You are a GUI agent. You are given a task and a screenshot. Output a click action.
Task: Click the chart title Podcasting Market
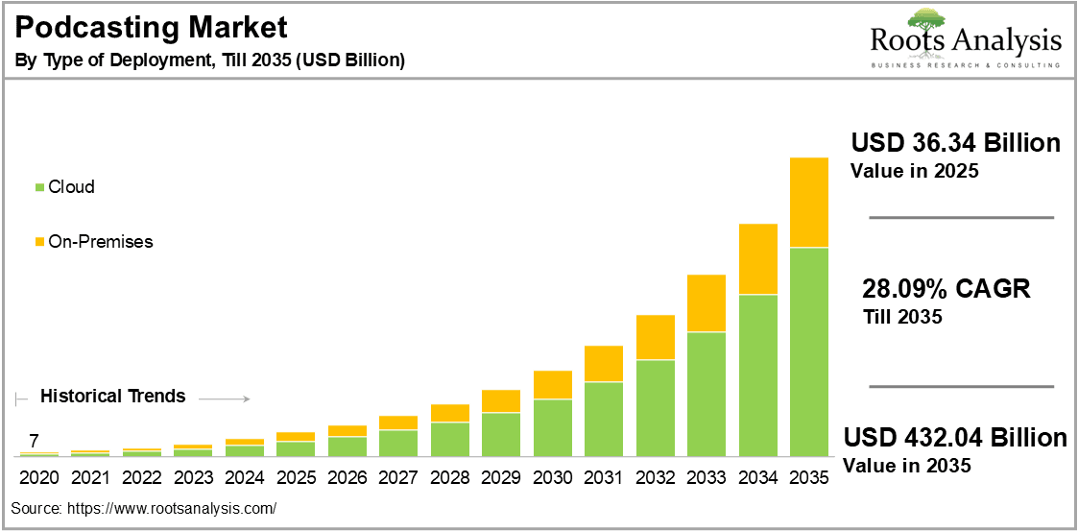pos(152,26)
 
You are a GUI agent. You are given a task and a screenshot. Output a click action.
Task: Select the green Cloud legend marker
pos(39,187)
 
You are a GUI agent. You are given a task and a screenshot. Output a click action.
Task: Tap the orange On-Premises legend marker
pos(39,242)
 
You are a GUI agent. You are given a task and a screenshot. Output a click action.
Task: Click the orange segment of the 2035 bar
pos(808,203)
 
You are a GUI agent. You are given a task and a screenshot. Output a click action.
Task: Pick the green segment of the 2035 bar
pos(808,351)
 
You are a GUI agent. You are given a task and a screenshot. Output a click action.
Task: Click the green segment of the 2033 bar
pos(706,394)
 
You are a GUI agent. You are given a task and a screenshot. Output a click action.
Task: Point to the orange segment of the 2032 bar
pos(655,337)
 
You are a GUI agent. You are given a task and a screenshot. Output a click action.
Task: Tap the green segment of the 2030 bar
pos(552,427)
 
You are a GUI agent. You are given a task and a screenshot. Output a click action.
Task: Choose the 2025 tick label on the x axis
pos(296,477)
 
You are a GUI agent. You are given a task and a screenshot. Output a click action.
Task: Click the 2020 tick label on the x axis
pos(39,477)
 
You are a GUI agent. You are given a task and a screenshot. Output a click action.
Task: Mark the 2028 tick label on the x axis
pos(449,477)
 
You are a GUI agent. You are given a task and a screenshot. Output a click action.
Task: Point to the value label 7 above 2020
pos(34,442)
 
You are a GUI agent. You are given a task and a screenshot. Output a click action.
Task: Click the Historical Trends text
pos(112,397)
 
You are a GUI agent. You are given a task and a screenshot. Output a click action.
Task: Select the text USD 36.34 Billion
pos(955,143)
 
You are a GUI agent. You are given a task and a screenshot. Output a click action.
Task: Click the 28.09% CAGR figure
pos(946,288)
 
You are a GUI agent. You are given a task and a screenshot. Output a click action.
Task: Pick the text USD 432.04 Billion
pos(955,438)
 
